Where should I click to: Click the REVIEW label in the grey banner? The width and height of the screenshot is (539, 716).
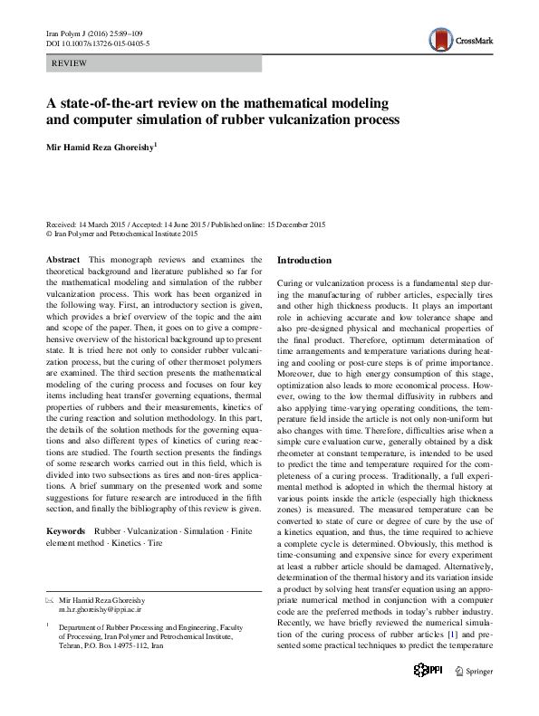click(x=70, y=63)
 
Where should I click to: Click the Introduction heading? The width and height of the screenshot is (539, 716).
click(x=304, y=261)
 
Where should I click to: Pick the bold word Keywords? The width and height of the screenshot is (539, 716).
click(x=67, y=530)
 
